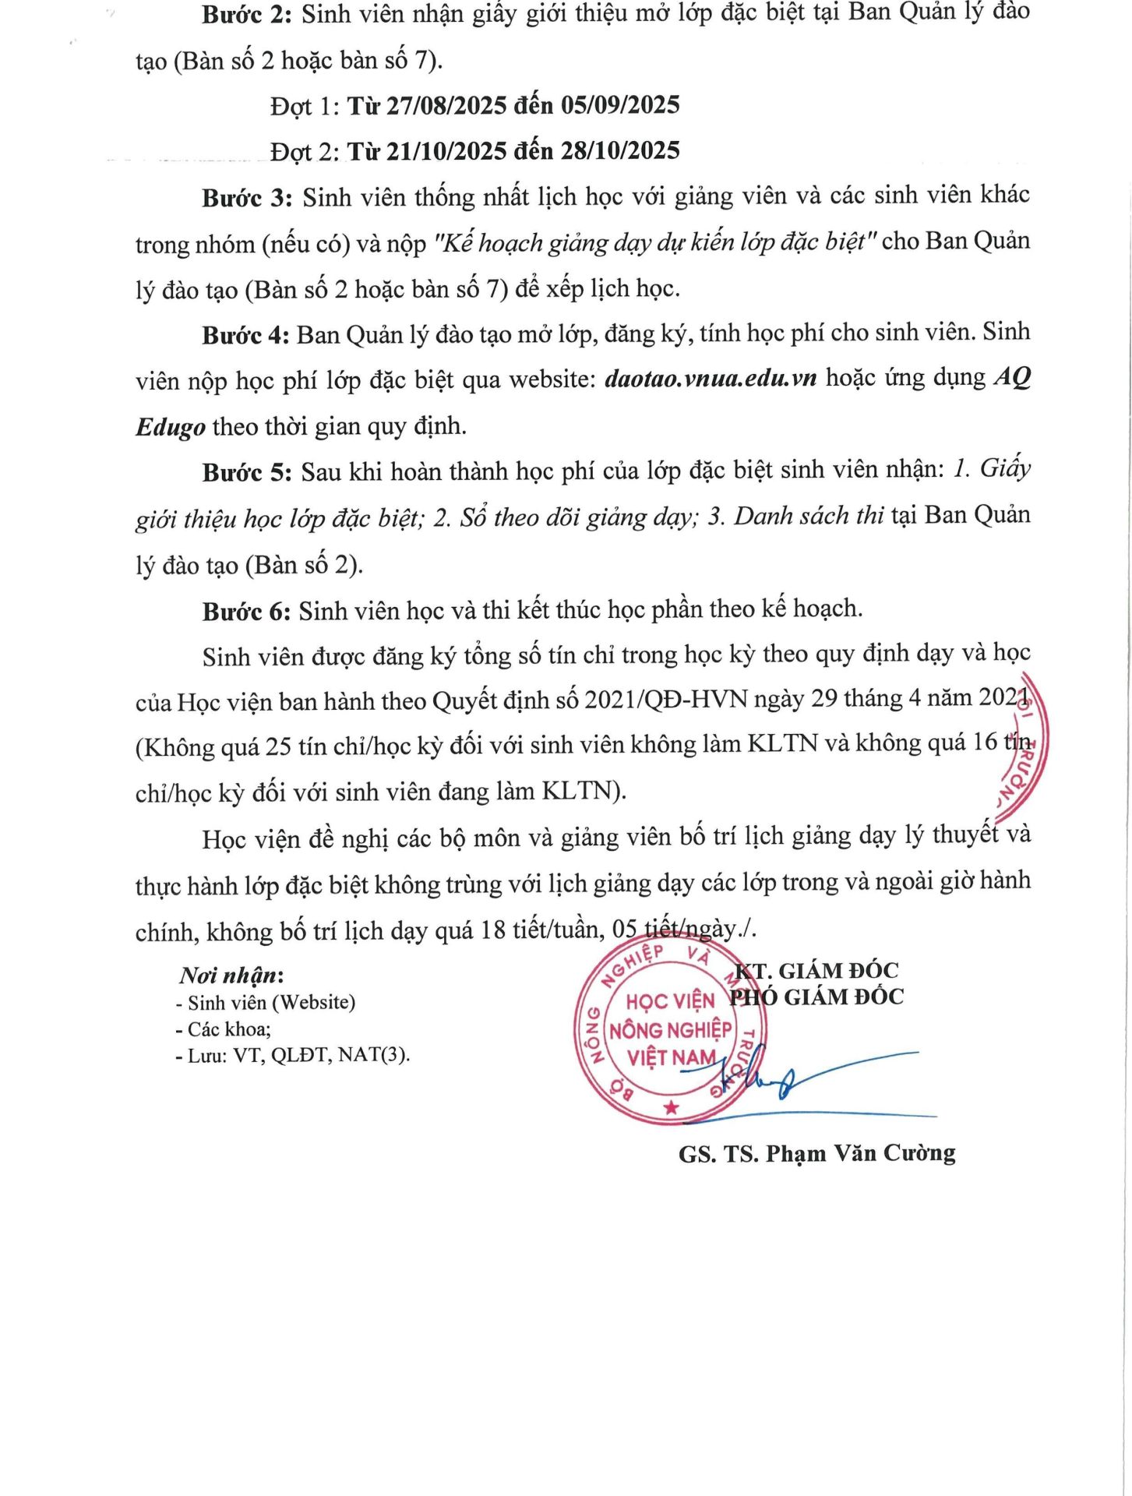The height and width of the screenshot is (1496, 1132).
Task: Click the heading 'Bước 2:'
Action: point(246,14)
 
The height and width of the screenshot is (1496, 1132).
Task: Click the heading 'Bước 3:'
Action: point(247,198)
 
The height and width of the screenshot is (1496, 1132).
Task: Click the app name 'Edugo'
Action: point(171,427)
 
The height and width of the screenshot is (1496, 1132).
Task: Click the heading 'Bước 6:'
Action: point(246,612)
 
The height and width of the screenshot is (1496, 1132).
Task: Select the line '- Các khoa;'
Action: point(224,1029)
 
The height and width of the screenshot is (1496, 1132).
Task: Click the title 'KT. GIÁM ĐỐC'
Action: point(816,971)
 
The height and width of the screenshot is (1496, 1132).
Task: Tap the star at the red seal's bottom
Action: point(671,1107)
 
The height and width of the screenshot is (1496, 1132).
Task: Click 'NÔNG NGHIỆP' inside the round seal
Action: point(670,1030)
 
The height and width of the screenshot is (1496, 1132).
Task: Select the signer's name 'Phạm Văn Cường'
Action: point(860,1153)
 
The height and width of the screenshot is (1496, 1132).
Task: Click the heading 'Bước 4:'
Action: point(245,336)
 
